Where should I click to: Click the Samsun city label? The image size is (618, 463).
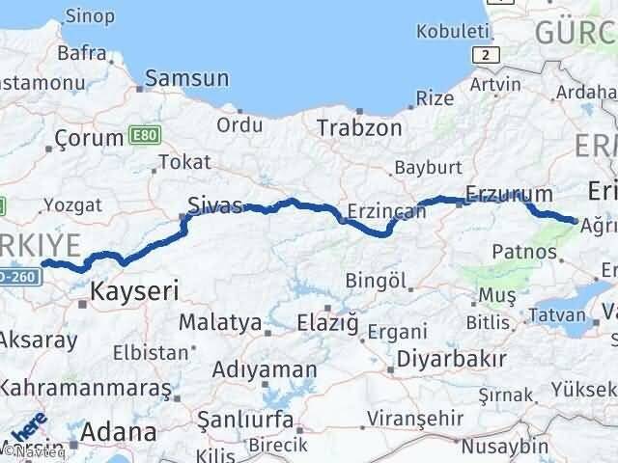pyautogui.click(x=187, y=79)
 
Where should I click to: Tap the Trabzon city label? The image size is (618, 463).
pyautogui.click(x=358, y=126)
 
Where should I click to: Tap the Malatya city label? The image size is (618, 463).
pyautogui.click(x=222, y=322)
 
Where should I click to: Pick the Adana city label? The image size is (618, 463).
pyautogui.click(x=120, y=431)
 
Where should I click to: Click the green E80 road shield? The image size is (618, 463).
pyautogui.click(x=142, y=136)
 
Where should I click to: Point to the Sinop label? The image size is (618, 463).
pyautogui.click(x=90, y=16)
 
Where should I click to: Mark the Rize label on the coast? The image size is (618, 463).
pyautogui.click(x=434, y=97)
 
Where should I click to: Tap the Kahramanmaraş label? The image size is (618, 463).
pyautogui.click(x=85, y=388)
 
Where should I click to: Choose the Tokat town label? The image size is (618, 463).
pyautogui.click(x=182, y=162)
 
